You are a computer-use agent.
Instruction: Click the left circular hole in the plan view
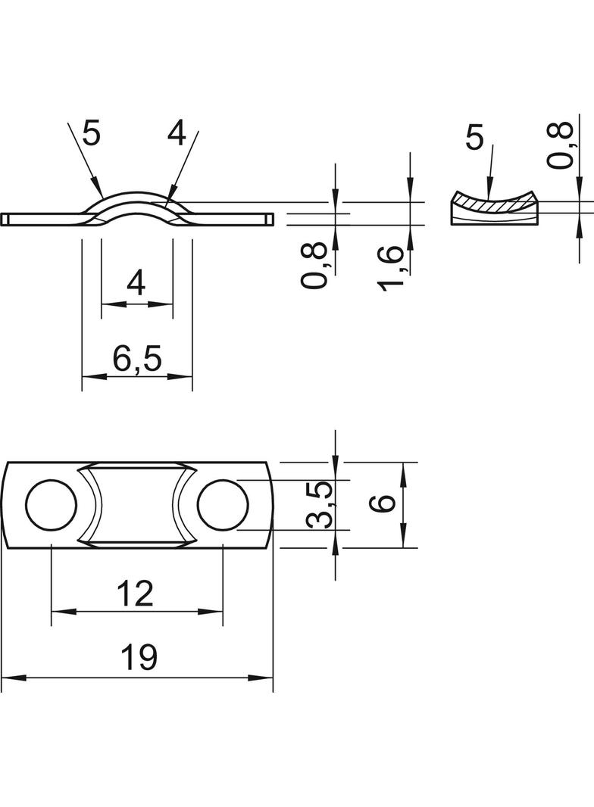click(51, 505)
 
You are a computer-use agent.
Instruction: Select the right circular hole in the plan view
click(224, 505)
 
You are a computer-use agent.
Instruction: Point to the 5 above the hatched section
click(474, 139)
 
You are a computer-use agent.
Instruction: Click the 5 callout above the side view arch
click(91, 134)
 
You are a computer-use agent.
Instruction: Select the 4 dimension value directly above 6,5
click(136, 284)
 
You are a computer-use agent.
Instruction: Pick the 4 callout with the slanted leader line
click(176, 134)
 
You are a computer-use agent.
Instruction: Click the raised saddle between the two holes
click(137, 505)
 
